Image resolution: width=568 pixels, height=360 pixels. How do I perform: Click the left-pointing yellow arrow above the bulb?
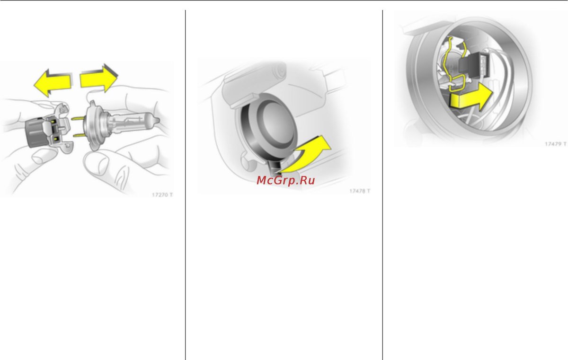pyautogui.click(x=52, y=83)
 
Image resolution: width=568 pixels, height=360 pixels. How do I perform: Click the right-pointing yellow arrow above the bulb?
pyautogui.click(x=99, y=79)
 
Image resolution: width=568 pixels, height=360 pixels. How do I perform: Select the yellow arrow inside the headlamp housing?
pyautogui.click(x=471, y=97)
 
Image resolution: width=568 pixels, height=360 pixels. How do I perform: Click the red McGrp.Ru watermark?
pyautogui.click(x=286, y=180)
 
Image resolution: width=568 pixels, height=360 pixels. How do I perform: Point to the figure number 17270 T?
pyautogui.click(x=162, y=195)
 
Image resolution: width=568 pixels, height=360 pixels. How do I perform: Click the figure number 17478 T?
pyautogui.click(x=360, y=191)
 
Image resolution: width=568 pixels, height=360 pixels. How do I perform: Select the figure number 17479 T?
pyautogui.click(x=556, y=144)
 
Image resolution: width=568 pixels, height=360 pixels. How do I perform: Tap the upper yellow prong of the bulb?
pyautogui.click(x=79, y=118)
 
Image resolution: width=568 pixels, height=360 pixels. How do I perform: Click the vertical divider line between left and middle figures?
pyautogui.click(x=186, y=185)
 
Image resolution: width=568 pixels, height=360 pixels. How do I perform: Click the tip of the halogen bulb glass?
pyautogui.click(x=159, y=121)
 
